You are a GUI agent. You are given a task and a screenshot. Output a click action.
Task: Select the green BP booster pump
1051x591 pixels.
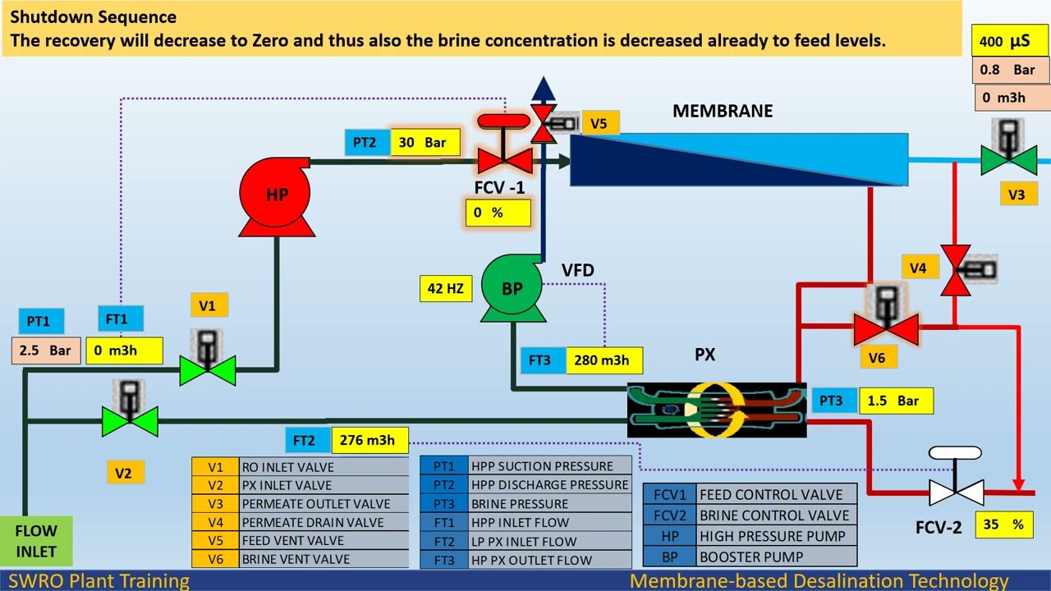[512, 288]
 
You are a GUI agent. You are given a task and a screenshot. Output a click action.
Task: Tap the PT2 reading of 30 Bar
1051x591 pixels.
[422, 143]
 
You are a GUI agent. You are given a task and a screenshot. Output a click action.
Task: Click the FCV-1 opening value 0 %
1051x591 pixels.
[497, 213]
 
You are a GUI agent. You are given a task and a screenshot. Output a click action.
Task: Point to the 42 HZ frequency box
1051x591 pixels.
[446, 289]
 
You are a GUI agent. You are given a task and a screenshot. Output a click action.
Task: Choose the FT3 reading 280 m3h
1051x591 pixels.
[603, 360]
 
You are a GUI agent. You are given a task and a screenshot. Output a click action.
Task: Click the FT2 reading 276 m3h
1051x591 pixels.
[369, 441]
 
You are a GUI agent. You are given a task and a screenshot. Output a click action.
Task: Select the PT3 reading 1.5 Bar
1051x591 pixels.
[895, 401]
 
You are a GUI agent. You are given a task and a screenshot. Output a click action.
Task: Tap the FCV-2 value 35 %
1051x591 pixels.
[1003, 525]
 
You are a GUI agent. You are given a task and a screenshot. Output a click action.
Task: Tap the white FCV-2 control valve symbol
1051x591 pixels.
[956, 491]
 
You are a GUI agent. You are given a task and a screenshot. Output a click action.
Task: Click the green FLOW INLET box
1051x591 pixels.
[36, 541]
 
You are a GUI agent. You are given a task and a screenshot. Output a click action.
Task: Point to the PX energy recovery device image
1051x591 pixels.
[716, 409]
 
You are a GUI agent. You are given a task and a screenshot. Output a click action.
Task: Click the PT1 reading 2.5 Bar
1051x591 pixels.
[45, 350]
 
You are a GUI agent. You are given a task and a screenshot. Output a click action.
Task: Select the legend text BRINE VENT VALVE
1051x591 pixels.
[296, 559]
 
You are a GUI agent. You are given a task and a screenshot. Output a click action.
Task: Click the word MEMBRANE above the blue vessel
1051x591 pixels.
[723, 111]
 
